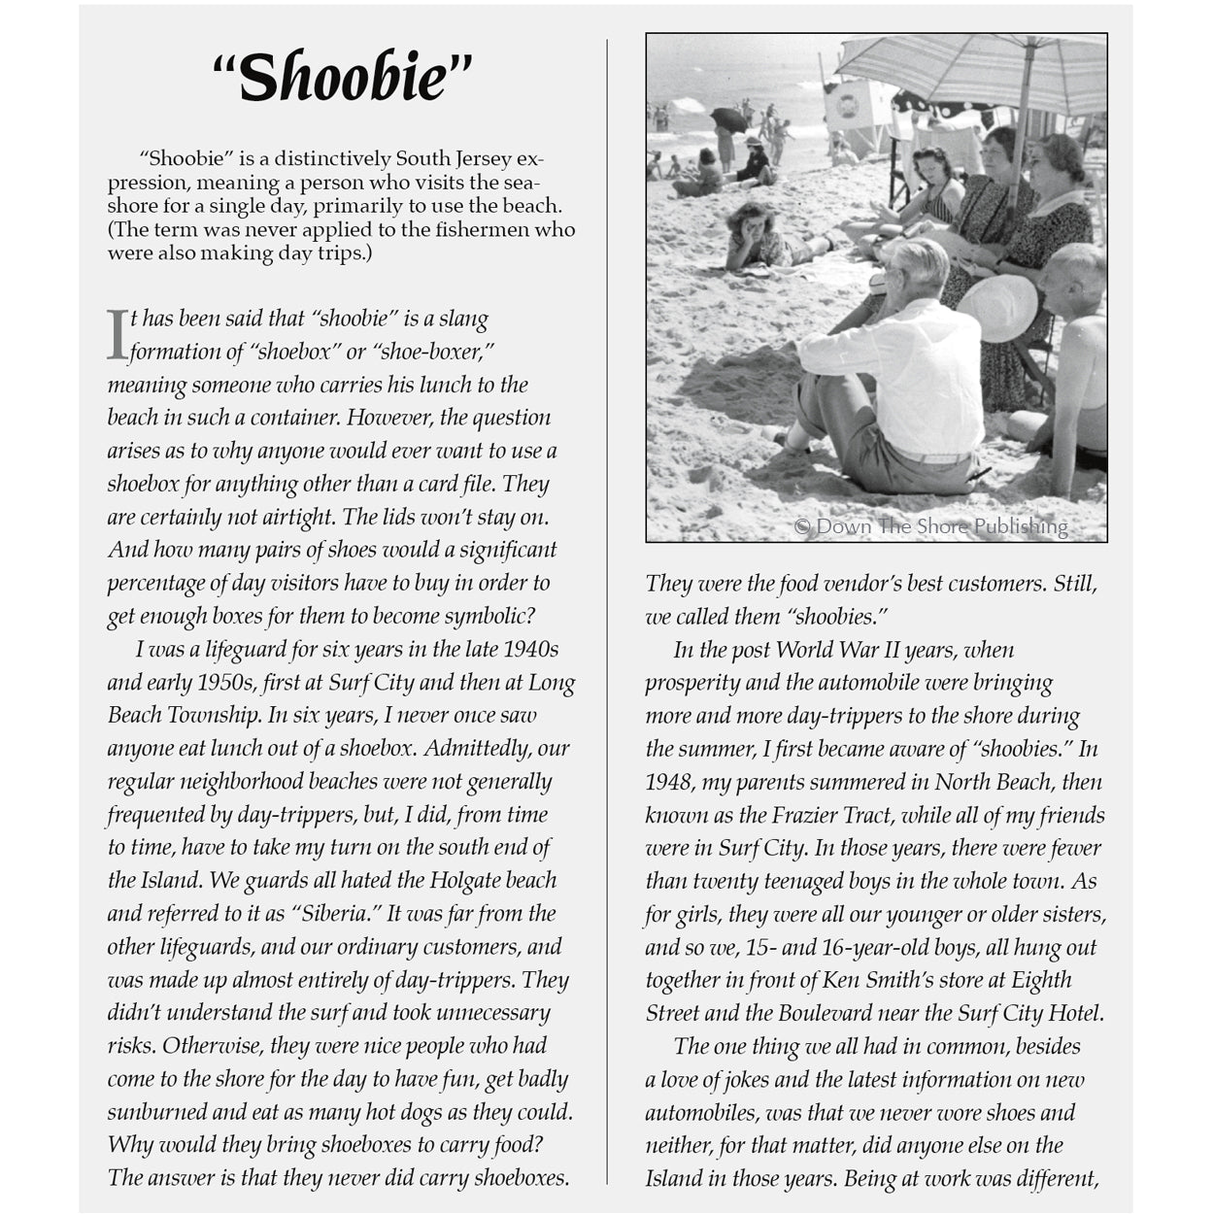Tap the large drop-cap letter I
[117, 334]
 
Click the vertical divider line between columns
[608, 612]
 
